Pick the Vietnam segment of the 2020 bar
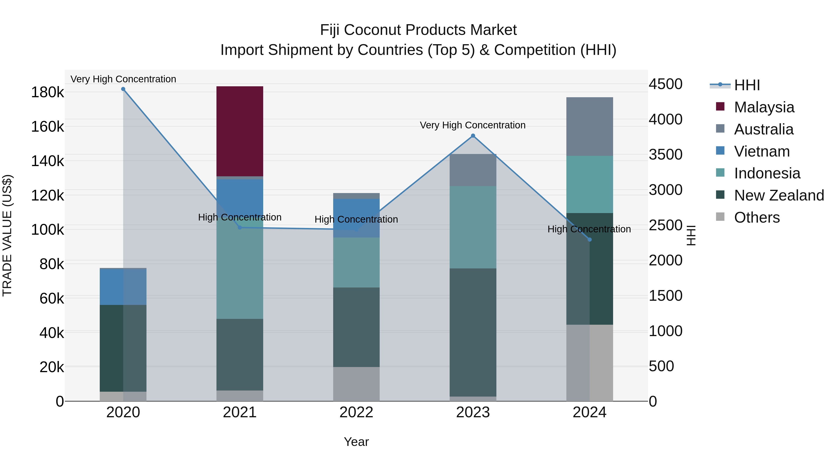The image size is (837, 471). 123,287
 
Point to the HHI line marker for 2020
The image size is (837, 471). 123,89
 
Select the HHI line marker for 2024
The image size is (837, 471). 589,240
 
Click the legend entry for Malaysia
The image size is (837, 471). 764,107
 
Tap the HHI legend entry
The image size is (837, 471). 747,85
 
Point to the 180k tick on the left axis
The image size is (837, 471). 47,92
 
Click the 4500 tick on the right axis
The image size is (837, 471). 665,84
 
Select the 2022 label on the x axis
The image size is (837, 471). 356,412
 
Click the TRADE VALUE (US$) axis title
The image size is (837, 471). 7,235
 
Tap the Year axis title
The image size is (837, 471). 356,442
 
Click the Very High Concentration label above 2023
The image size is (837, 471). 472,125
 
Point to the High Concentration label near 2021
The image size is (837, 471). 239,217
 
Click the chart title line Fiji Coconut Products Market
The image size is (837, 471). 418,30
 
